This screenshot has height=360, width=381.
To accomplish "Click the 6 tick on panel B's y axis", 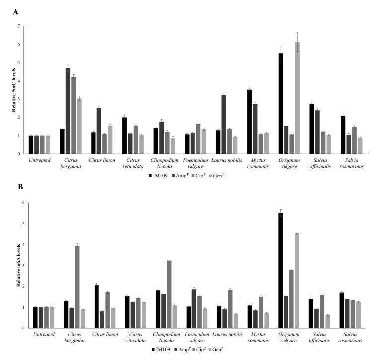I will tap(21, 202).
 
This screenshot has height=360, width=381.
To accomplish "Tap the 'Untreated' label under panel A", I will tap(40, 160).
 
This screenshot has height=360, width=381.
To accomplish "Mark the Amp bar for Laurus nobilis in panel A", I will tap(224, 124).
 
